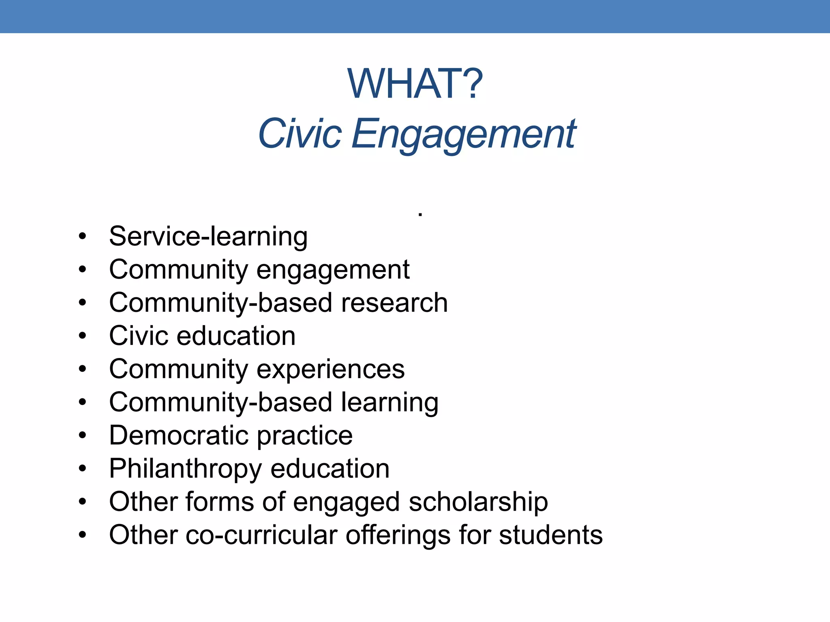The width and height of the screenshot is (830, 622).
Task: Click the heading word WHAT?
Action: point(415,84)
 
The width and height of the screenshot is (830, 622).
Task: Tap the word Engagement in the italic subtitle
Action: point(464,134)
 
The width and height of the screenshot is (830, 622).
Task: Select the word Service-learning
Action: point(208,236)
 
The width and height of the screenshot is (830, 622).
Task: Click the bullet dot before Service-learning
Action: point(83,236)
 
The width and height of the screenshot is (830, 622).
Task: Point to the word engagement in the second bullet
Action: point(333,271)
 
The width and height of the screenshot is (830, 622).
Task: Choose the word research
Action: point(394,303)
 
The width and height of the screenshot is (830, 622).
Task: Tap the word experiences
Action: point(331,369)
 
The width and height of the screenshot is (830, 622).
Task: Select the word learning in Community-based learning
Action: point(389,403)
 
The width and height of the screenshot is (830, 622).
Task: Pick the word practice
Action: point(305,437)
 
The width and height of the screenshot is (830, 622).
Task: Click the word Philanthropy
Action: point(185,469)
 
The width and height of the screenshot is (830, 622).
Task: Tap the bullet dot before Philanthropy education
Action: point(83,469)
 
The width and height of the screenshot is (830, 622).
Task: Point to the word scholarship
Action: point(478,503)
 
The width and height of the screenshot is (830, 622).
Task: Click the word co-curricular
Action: point(261,535)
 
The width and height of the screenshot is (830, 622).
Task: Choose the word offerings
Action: point(398,536)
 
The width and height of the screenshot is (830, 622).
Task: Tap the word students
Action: point(551,535)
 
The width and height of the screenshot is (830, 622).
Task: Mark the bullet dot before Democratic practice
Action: point(83,436)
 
